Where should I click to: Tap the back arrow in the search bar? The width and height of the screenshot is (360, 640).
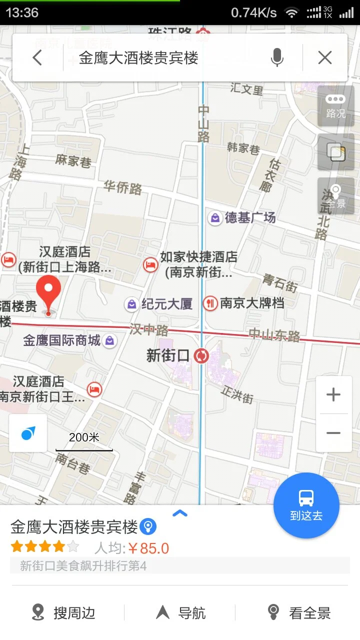click(x=37, y=58)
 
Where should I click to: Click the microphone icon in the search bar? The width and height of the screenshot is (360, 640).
click(x=277, y=58)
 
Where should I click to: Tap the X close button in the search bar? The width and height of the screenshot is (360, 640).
click(x=325, y=58)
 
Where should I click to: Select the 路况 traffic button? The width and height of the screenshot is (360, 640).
click(x=335, y=106)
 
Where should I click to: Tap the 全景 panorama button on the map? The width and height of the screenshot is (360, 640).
click(x=335, y=196)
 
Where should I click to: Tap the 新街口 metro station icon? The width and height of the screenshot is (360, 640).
click(x=202, y=355)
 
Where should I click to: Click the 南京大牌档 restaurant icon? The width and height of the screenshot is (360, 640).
click(x=210, y=303)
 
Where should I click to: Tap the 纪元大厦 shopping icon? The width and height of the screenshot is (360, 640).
click(x=131, y=304)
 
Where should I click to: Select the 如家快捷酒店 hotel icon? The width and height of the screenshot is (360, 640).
click(x=150, y=265)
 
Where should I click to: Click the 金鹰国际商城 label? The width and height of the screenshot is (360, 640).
click(x=62, y=341)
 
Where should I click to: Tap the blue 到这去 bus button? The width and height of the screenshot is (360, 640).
click(x=306, y=505)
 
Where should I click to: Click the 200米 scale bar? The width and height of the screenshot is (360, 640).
click(x=84, y=442)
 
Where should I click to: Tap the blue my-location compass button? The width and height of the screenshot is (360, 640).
click(x=28, y=433)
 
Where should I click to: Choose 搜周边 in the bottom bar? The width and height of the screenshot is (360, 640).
click(x=63, y=612)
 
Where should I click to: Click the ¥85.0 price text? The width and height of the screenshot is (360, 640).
click(x=148, y=548)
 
